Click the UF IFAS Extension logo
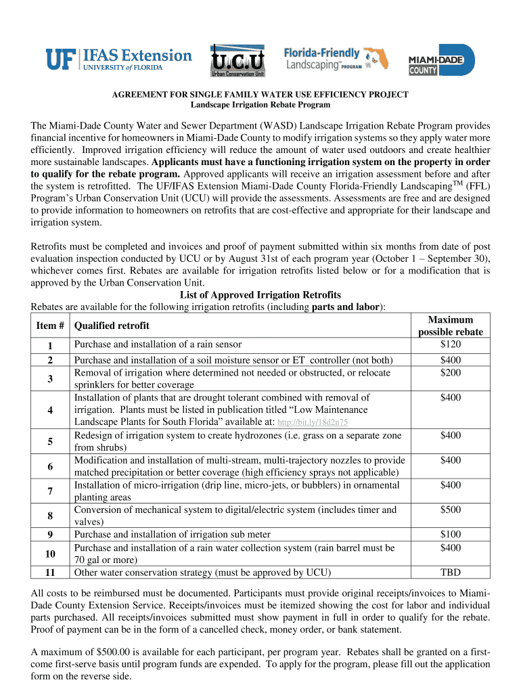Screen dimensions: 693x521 118,59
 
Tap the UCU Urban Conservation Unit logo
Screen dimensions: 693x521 237,60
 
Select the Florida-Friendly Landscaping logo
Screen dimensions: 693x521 331,60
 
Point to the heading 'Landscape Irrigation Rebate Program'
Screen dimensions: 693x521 260,105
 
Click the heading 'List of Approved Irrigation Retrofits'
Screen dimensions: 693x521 260,295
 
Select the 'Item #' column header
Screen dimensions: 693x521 50,326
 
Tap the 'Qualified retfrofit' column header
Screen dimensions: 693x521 112,326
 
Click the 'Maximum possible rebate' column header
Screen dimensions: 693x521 450,326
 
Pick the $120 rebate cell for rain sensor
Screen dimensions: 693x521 450,344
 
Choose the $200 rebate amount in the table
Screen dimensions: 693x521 450,373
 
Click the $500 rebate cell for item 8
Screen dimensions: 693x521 450,510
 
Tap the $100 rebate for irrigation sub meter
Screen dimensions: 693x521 450,535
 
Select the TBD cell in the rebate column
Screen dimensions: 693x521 450,572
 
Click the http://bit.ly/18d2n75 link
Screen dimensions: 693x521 314,423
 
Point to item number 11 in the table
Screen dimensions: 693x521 50,572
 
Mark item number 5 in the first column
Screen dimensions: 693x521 50,441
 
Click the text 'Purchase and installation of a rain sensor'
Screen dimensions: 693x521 158,344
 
